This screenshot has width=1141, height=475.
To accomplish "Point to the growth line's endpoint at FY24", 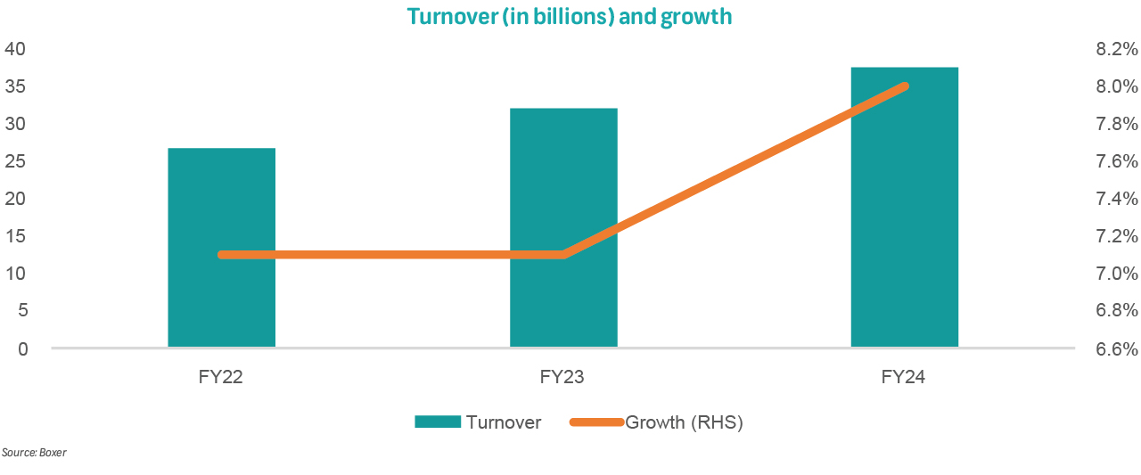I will pyautogui.click(x=904, y=86).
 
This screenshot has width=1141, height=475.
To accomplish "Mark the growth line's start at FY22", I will pyautogui.click(x=222, y=255).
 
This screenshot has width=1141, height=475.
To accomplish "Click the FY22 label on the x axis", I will pyautogui.click(x=221, y=377).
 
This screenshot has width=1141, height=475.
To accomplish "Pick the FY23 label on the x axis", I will pyautogui.click(x=562, y=377).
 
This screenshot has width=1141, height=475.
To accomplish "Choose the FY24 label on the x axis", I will pyautogui.click(x=904, y=377).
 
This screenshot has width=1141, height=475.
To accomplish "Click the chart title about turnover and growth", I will pyautogui.click(x=570, y=17).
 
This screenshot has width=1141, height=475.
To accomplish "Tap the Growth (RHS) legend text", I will pyautogui.click(x=684, y=422).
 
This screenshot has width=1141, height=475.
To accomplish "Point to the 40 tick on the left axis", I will pyautogui.click(x=17, y=49).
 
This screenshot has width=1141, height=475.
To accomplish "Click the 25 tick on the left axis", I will pyautogui.click(x=17, y=161).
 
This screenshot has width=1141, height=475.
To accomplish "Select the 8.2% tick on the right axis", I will pyautogui.click(x=1115, y=49).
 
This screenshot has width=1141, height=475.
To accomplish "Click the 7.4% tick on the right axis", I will pyautogui.click(x=1115, y=199).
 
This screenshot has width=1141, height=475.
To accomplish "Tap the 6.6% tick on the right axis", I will pyautogui.click(x=1115, y=348).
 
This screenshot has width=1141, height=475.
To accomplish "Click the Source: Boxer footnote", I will pyautogui.click(x=34, y=453).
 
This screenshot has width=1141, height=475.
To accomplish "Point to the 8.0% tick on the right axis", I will pyautogui.click(x=1115, y=86).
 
